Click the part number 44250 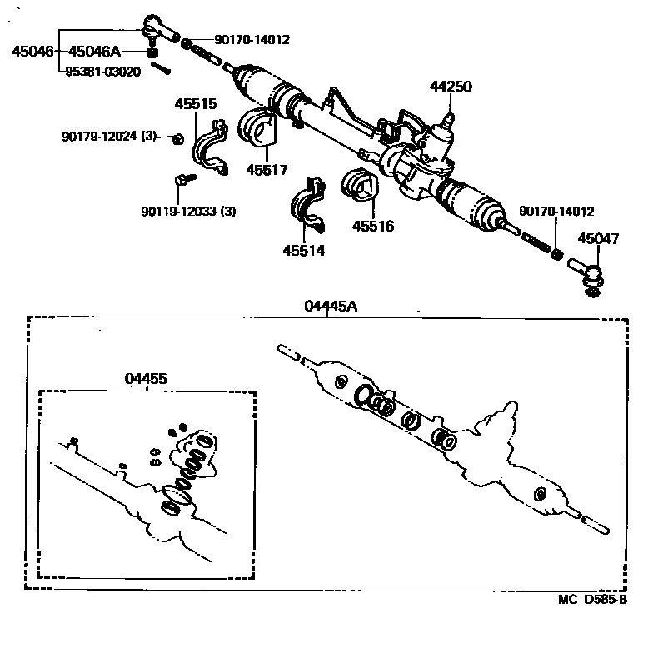tap(450, 85)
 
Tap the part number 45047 tap(598, 239)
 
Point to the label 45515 tap(195, 104)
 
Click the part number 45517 tap(267, 170)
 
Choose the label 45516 tap(372, 226)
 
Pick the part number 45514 tap(303, 250)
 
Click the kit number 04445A tap(331, 306)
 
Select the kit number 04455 tap(146, 378)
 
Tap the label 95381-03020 tap(104, 72)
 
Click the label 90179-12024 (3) tap(109, 136)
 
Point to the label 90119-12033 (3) tap(188, 211)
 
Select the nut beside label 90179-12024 tap(177, 137)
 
